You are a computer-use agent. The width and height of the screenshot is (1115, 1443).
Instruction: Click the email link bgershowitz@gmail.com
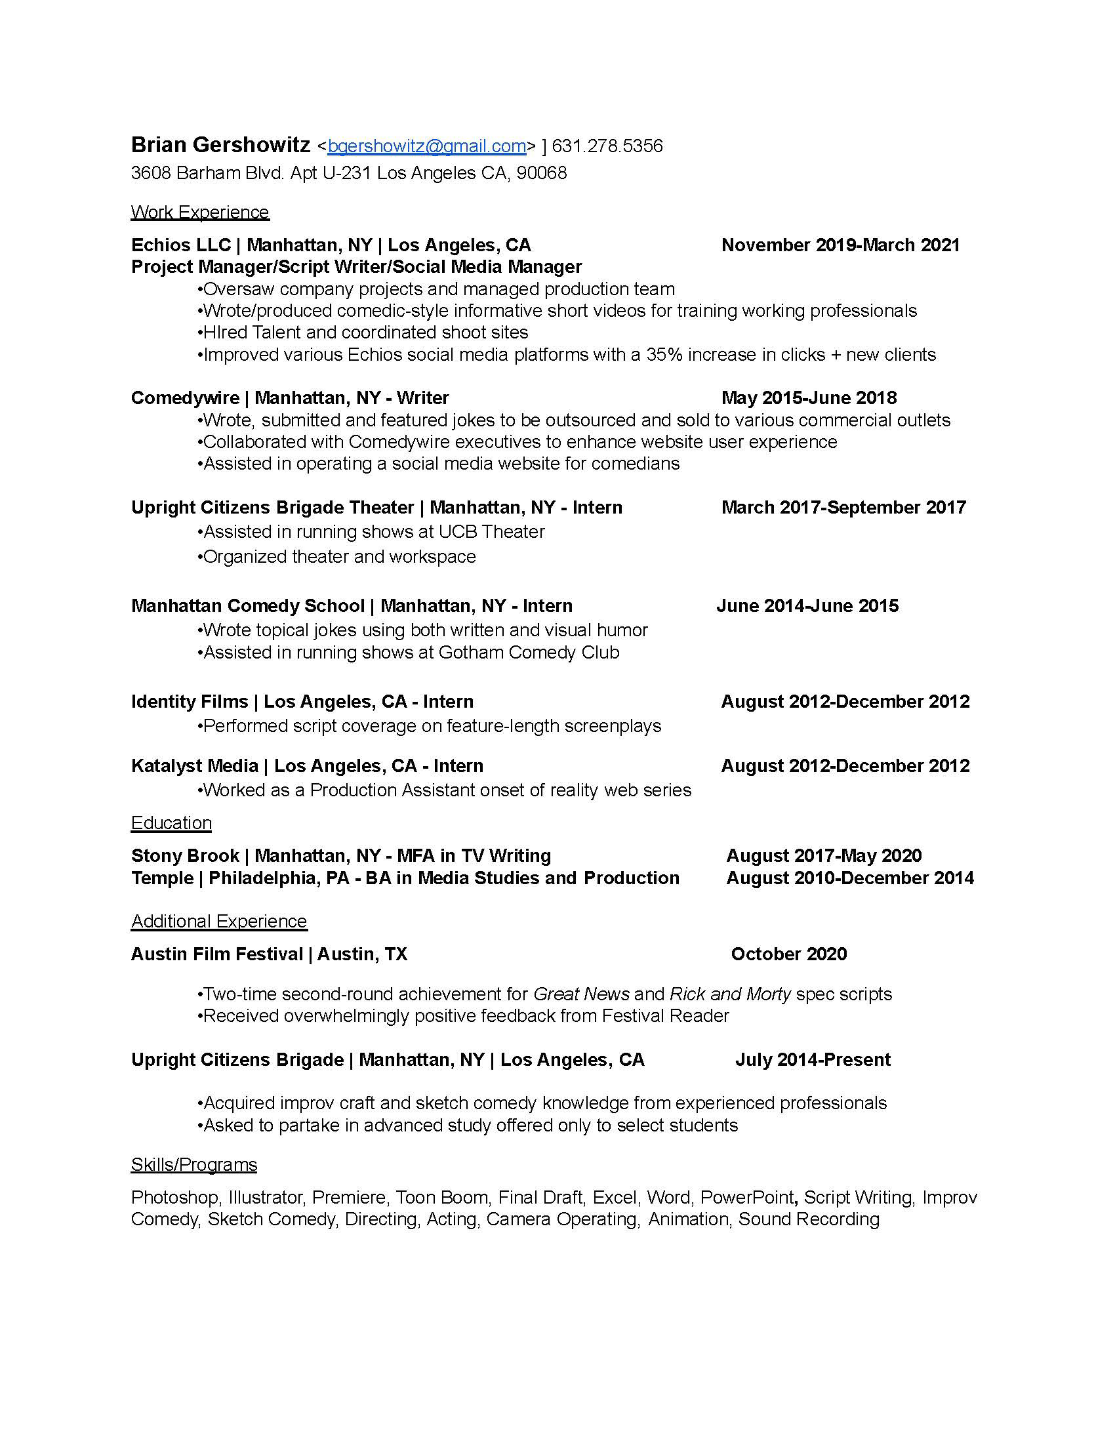point(427,146)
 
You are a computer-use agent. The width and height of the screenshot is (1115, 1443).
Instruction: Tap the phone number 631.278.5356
point(607,146)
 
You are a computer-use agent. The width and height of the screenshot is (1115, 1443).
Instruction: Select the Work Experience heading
point(199,212)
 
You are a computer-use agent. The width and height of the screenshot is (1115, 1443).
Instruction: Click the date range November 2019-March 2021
point(840,245)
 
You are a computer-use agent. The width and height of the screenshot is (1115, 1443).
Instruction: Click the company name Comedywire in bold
point(185,397)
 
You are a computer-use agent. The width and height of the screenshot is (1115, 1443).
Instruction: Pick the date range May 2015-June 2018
point(809,397)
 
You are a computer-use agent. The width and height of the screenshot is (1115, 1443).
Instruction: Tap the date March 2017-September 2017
point(843,508)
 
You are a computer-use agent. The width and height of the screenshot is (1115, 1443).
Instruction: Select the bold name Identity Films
point(190,702)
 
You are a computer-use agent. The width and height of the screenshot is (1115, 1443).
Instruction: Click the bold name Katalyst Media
point(194,765)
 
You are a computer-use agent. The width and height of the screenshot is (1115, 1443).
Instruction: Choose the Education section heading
point(171,823)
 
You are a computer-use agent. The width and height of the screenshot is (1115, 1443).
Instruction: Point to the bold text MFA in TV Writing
point(474,855)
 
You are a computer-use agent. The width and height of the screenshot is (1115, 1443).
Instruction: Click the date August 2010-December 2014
point(849,878)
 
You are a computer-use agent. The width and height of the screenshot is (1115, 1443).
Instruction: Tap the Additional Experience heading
point(218,921)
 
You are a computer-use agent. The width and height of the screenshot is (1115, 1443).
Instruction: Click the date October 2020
point(788,954)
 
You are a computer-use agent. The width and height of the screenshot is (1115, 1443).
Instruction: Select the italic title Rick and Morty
point(730,994)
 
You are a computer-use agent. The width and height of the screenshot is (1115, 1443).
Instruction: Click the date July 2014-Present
point(813,1060)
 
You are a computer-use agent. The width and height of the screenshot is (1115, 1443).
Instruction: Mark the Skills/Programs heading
point(193,1164)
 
